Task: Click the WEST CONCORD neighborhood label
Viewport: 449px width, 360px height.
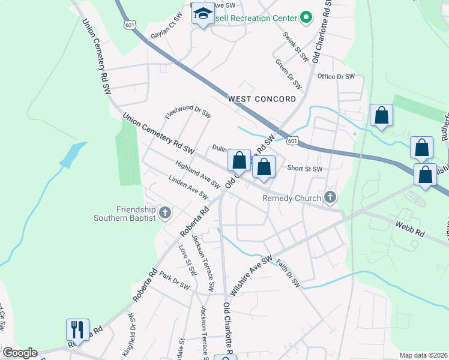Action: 262,98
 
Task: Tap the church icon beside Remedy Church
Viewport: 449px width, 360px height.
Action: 329,197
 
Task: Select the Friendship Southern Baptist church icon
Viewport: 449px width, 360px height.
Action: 166,213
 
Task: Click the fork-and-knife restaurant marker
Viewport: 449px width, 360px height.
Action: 77,329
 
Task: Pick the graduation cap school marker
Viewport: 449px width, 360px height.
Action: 203,14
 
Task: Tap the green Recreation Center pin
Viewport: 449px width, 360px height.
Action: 306,17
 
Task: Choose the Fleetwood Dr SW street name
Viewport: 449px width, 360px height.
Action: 188,112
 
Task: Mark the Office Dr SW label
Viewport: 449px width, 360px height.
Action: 336,76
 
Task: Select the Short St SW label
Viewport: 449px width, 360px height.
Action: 305,169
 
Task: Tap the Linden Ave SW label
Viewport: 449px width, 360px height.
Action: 188,187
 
